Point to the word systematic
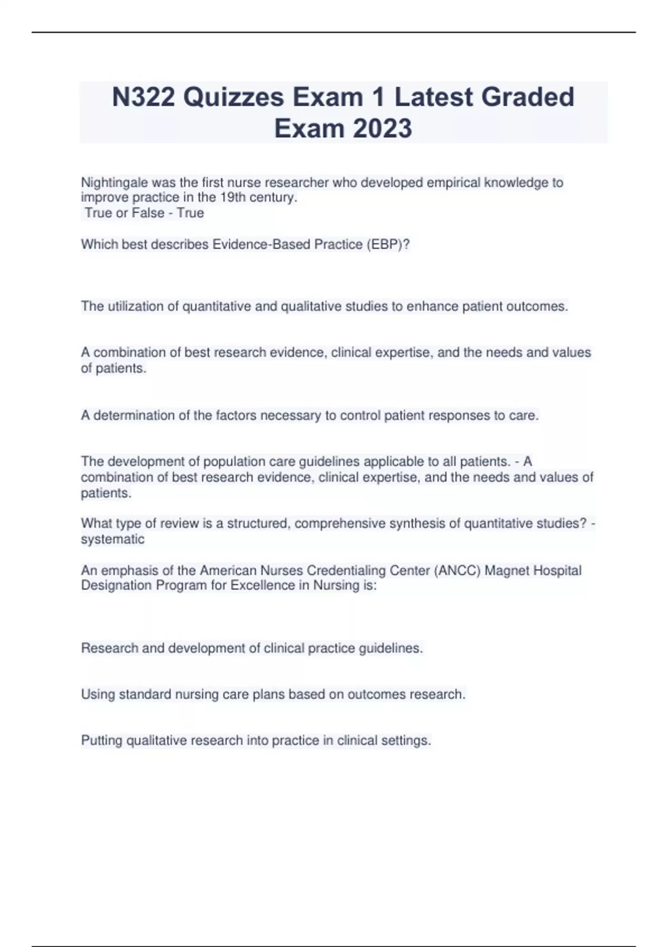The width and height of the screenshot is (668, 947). [112, 539]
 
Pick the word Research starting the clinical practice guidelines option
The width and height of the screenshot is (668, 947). [109, 648]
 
